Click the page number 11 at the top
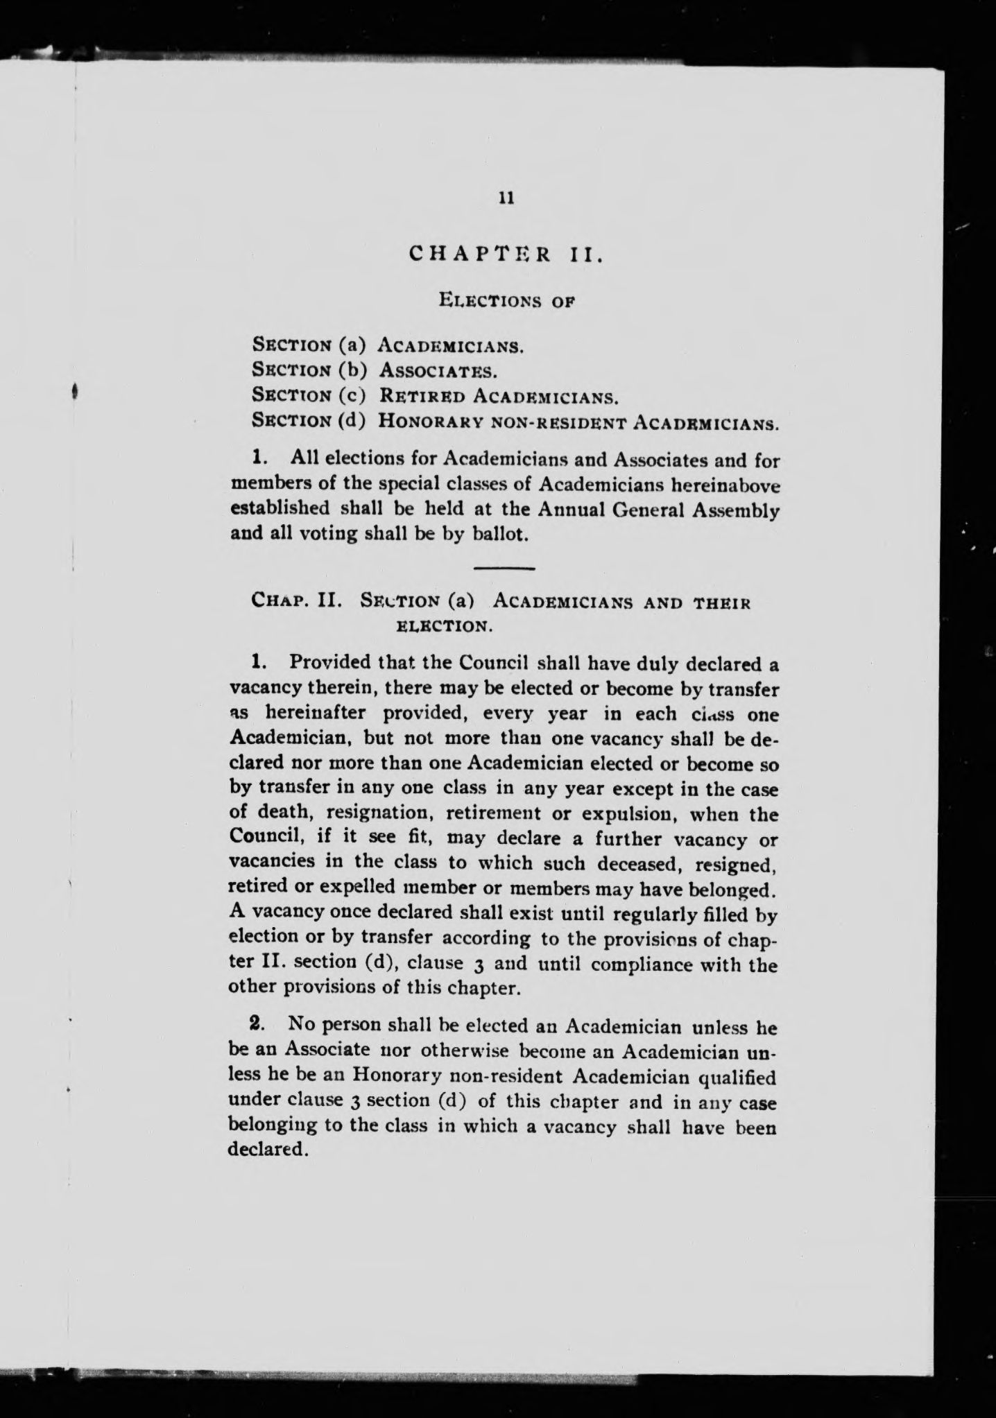coord(506,198)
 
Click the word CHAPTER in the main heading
coord(480,254)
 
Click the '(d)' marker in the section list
coord(352,421)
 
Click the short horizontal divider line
coord(506,569)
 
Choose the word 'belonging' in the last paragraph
coord(274,1125)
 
